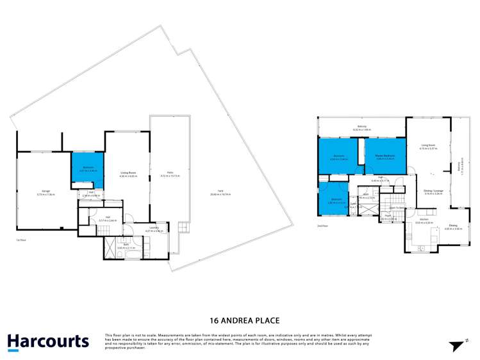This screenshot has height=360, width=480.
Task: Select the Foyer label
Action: (x=388, y=218)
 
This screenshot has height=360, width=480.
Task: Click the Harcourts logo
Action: (x=48, y=341)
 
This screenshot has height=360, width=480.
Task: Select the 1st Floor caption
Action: (x=24, y=240)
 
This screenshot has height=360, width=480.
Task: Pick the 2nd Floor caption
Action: (x=324, y=226)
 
